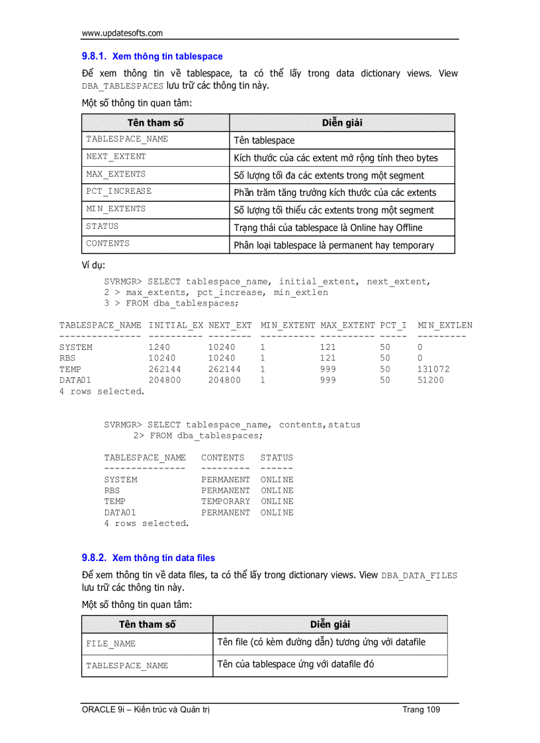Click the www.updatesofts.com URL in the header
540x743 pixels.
[x=122, y=33]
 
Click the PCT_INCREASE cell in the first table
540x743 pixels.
[x=119, y=191]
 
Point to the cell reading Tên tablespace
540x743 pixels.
[x=265, y=140]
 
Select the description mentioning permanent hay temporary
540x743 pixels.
[x=334, y=245]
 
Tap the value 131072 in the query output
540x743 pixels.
[x=433, y=369]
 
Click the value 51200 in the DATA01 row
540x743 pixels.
[x=431, y=380]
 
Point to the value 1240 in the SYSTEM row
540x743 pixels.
[x=159, y=347]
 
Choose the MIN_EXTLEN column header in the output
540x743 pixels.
[x=445, y=326]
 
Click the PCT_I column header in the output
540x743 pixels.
[x=393, y=326]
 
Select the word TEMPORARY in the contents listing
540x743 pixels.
[x=226, y=502]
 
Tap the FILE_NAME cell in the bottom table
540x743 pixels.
[x=111, y=644]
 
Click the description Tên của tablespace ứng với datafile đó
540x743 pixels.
[x=295, y=664]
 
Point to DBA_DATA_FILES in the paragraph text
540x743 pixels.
[x=419, y=576]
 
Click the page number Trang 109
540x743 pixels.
[x=421, y=710]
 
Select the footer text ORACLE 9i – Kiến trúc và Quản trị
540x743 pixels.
[x=146, y=710]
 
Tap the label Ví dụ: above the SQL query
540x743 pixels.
[x=93, y=265]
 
